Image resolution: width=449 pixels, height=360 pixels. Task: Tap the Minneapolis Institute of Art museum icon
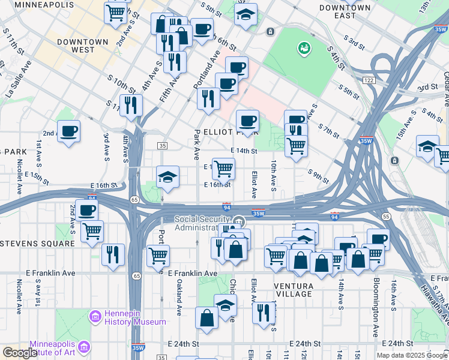coord(84,347)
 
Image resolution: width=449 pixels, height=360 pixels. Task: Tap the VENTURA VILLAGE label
coord(292,290)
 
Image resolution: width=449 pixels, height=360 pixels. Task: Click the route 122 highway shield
coord(369,80)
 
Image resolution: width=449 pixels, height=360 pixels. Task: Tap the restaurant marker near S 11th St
coord(131,105)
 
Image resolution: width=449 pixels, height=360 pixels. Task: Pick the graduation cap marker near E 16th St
coord(167,176)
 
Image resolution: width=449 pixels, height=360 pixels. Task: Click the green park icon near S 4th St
coord(304,47)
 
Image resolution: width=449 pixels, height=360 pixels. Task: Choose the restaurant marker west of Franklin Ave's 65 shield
coord(113,254)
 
